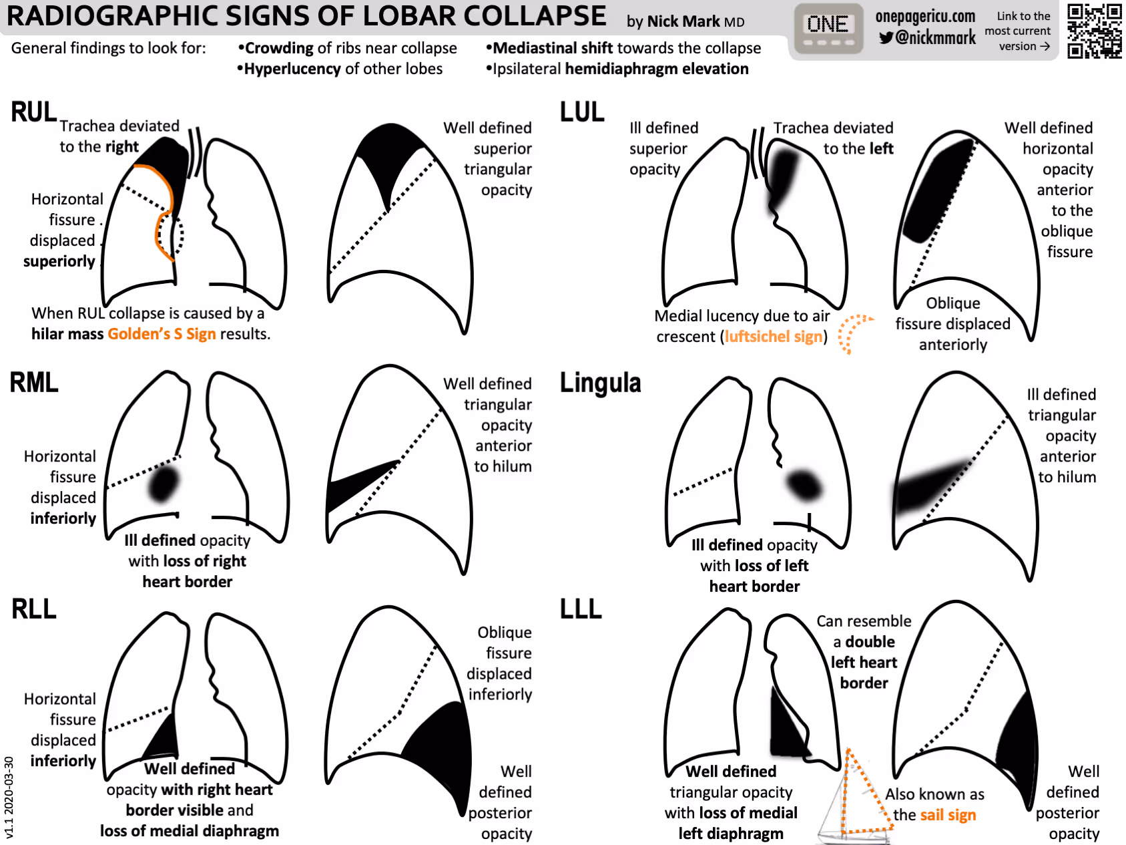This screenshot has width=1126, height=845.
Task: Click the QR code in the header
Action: [x=1094, y=31]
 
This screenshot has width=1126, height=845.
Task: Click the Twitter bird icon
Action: [x=886, y=38]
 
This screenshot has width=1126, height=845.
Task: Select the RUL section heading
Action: [x=33, y=112]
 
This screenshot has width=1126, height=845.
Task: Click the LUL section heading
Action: [x=582, y=112]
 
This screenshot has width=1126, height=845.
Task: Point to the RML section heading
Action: [x=34, y=383]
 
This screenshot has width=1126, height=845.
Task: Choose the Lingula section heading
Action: [x=600, y=383]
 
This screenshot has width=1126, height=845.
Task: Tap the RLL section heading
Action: [x=34, y=609]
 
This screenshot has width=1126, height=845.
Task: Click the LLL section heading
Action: [x=581, y=609]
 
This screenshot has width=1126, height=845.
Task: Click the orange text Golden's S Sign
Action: [x=162, y=334]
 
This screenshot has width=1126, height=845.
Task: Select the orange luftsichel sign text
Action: [x=774, y=337]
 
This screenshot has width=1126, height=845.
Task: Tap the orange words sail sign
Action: [x=948, y=815]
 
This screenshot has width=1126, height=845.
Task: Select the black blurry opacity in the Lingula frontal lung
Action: [x=804, y=485]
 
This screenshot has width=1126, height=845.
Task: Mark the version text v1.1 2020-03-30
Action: [x=9, y=797]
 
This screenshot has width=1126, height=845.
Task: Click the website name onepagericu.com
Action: [x=925, y=17]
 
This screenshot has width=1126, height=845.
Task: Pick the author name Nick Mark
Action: [x=683, y=21]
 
